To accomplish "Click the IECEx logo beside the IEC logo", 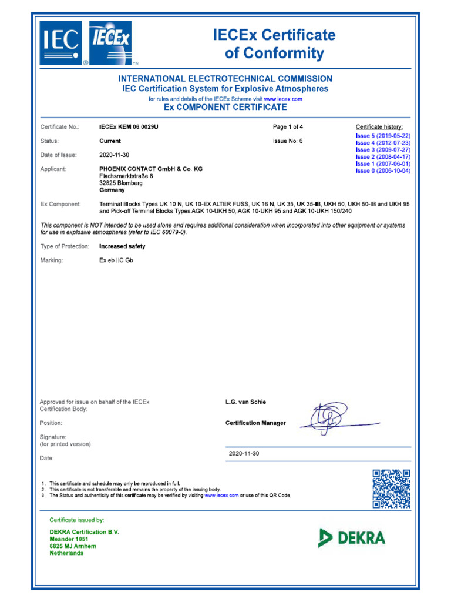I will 112,43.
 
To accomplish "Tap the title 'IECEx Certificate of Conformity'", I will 274,45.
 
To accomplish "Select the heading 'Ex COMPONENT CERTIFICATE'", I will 225,108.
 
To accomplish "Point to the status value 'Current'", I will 110,141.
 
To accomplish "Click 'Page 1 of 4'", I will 288,127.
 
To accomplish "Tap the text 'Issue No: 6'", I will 288,141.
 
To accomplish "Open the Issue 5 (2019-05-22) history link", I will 383,136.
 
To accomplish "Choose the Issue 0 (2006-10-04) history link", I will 383,171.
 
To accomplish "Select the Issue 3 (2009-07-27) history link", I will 383,150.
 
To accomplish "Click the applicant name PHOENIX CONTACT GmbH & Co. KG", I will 151,169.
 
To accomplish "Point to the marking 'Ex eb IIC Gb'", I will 116,260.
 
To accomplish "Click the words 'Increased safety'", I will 122,246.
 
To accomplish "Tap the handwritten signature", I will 329,419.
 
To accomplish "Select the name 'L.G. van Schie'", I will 245,402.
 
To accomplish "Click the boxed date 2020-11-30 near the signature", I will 244,454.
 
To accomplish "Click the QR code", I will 391,489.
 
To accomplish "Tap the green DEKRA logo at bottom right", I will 352,537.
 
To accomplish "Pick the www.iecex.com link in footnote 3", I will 221,496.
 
